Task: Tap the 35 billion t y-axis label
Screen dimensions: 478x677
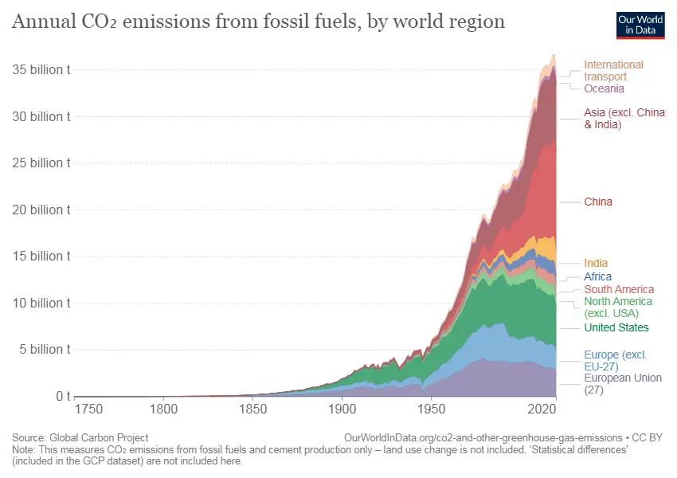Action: pyautogui.click(x=41, y=69)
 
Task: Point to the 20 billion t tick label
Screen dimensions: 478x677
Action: pyautogui.click(x=41, y=210)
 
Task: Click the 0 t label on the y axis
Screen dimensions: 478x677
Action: pyautogui.click(x=64, y=396)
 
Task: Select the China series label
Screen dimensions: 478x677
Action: pyautogui.click(x=598, y=202)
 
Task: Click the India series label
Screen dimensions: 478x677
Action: pyautogui.click(x=596, y=263)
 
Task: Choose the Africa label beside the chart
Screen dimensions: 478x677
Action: pyautogui.click(x=598, y=276)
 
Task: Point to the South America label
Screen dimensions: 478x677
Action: pyautogui.click(x=619, y=289)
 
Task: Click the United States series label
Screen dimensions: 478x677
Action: pyautogui.click(x=616, y=327)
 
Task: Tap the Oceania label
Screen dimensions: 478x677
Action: pyautogui.click(x=604, y=88)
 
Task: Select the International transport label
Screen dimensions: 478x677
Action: pyautogui.click(x=613, y=70)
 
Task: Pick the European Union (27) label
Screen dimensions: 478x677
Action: pyautogui.click(x=623, y=383)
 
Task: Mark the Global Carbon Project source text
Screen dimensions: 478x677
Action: pyautogui.click(x=98, y=437)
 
